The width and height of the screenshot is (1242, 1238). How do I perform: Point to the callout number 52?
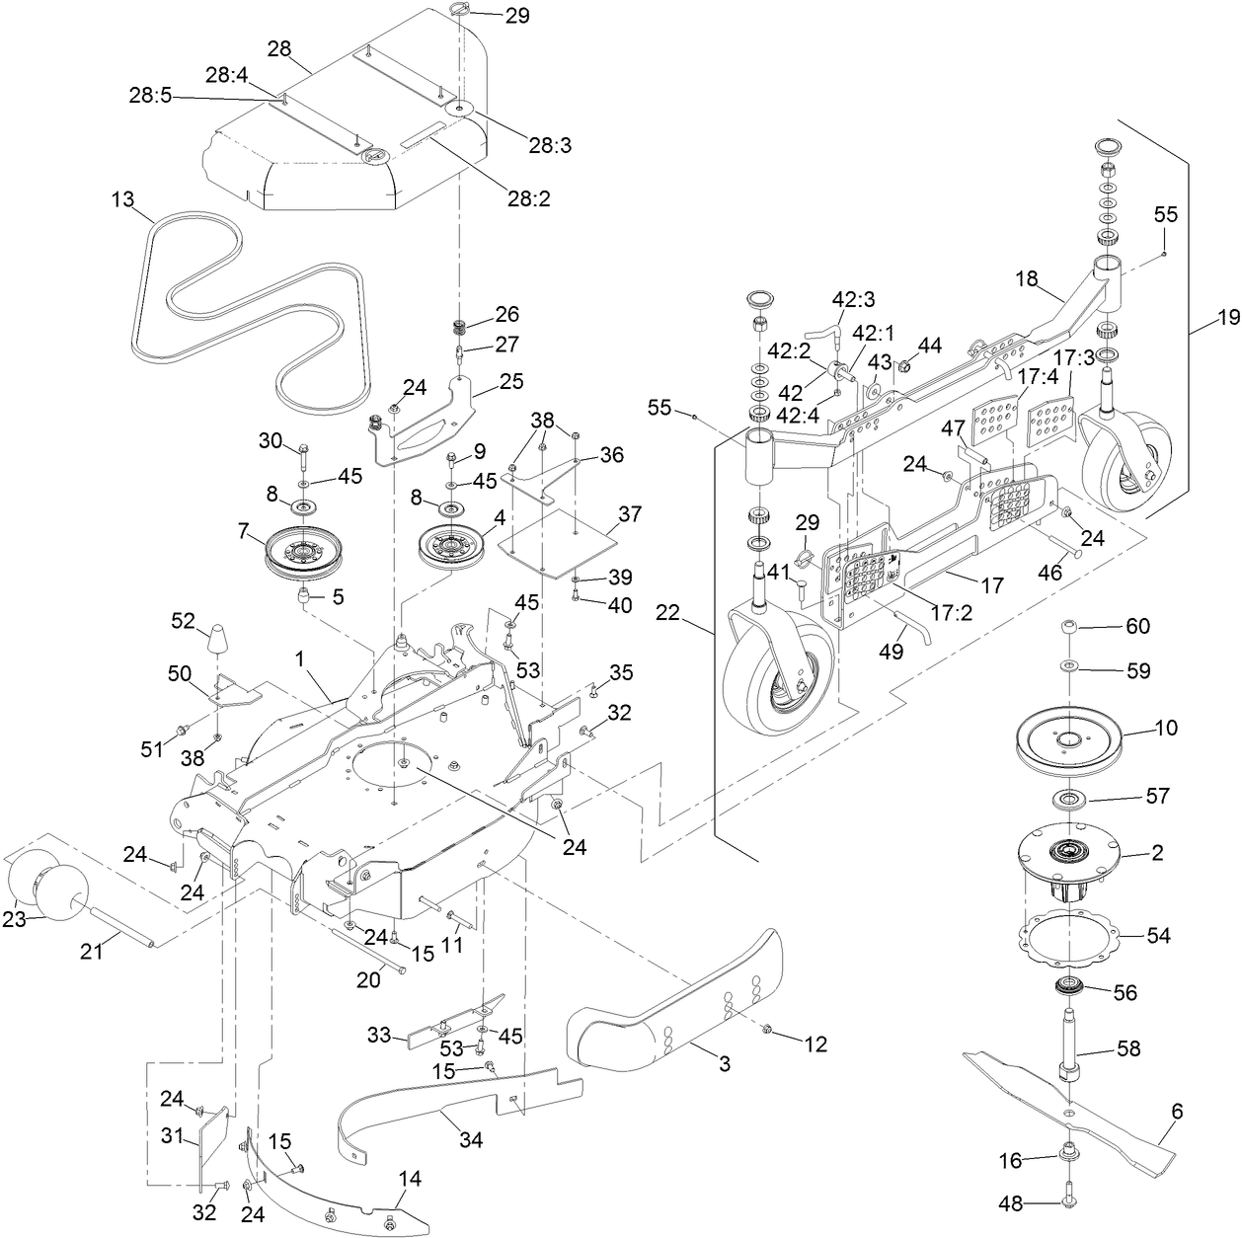[x=183, y=620]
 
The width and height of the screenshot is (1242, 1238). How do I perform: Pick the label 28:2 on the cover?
[x=530, y=197]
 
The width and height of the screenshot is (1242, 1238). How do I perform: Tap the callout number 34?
[x=471, y=1140]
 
